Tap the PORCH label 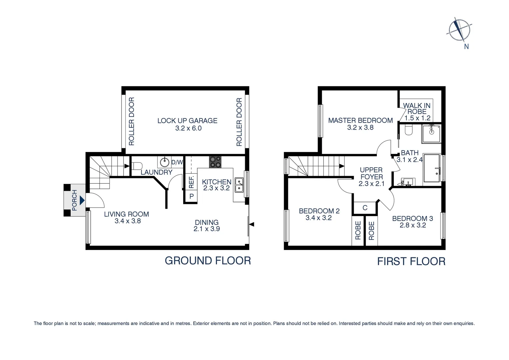[x=75, y=200]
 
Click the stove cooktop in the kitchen [x=215, y=162]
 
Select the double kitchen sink [x=239, y=185]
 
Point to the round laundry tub [x=165, y=162]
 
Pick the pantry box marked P [x=191, y=196]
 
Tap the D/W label [x=177, y=162]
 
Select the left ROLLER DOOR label [x=132, y=121]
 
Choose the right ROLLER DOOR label [x=239, y=122]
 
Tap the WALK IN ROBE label [x=417, y=109]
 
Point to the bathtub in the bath [x=432, y=168]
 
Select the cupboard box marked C [x=365, y=208]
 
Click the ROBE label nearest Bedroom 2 [x=358, y=231]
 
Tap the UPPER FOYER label [x=371, y=173]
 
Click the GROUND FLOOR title [x=208, y=261]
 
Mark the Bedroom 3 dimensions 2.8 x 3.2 [x=412, y=225]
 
